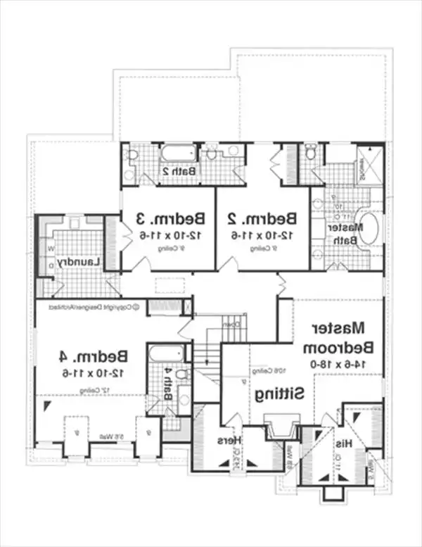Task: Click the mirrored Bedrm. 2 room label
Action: [262, 217]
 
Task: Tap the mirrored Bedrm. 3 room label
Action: [167, 217]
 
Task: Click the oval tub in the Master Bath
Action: [366, 230]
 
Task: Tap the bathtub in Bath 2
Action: [178, 153]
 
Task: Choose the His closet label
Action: [343, 444]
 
